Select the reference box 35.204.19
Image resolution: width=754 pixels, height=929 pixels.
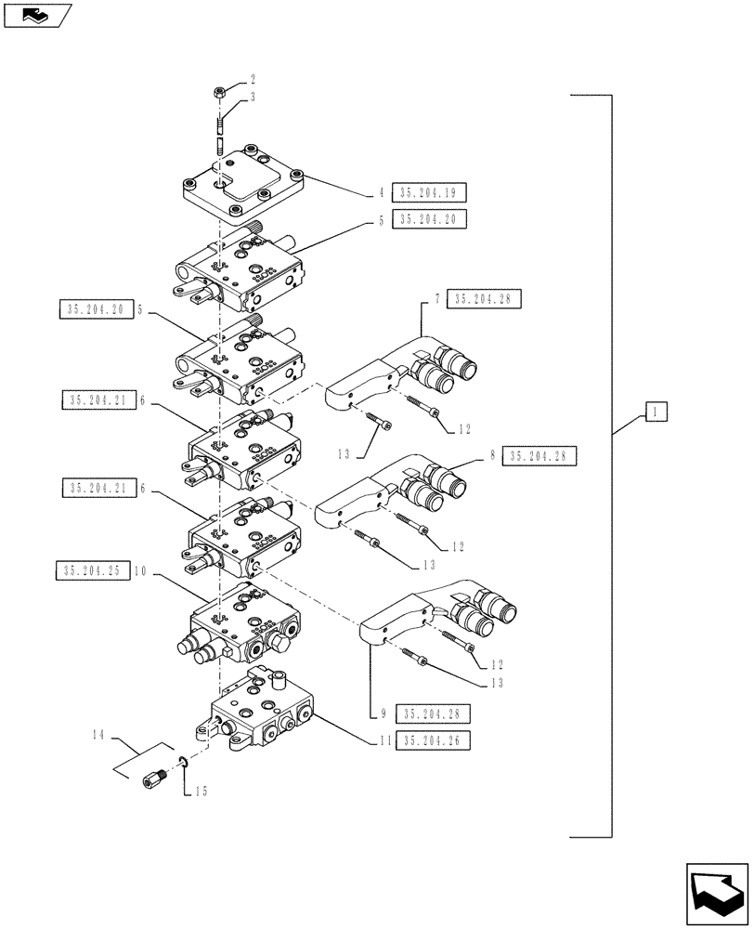429,193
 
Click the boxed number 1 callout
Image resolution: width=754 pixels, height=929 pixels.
655,412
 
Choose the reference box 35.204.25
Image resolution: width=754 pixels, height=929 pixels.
92,572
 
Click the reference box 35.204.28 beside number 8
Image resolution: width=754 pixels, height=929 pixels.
540,456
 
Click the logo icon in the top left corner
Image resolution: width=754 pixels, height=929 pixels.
34,15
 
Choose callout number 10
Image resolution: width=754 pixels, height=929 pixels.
140,572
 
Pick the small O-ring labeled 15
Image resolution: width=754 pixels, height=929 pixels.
184,764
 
